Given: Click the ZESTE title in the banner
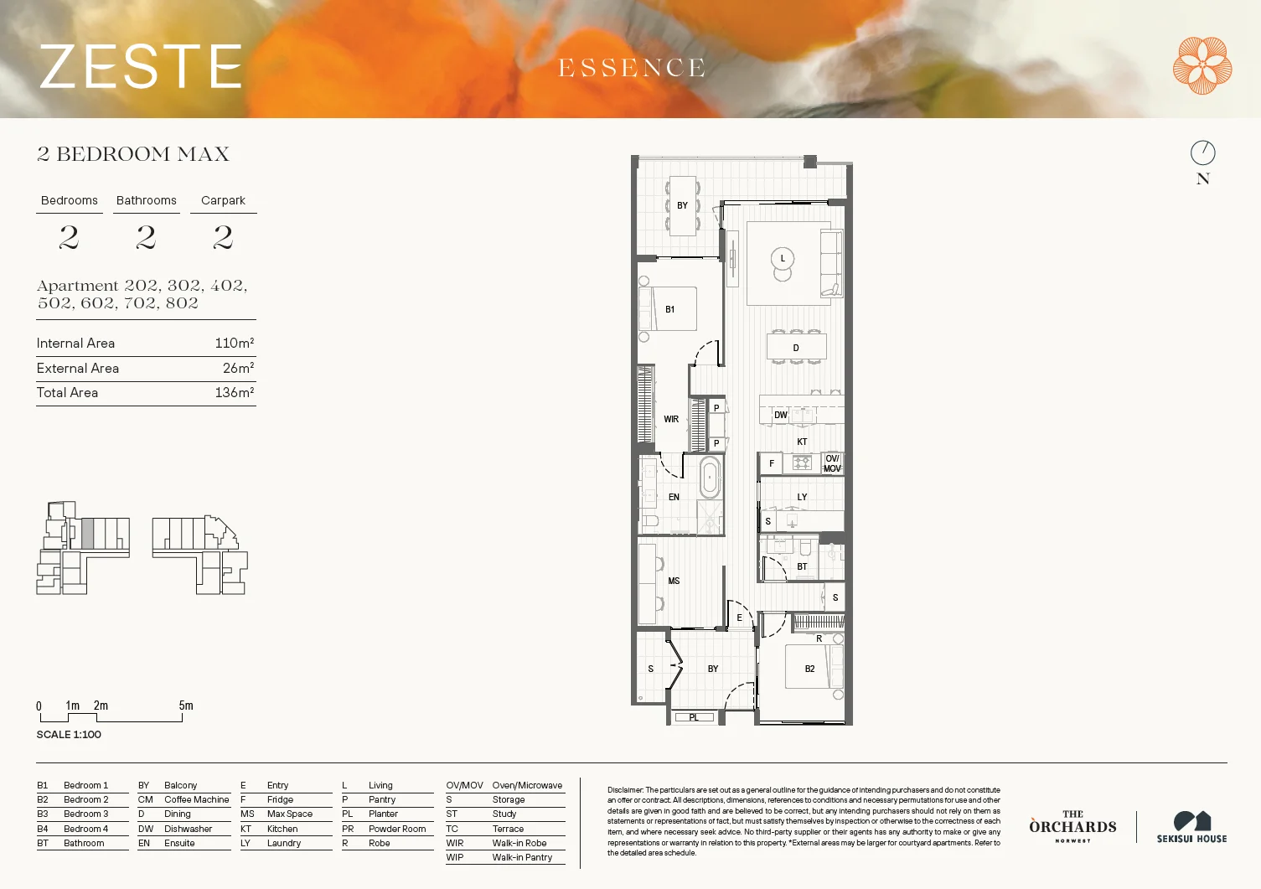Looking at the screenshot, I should coord(141,67).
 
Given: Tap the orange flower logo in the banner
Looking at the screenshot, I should coord(1202,65).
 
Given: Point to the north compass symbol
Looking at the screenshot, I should coord(1202,152).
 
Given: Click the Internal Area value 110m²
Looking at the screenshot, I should coord(234,343).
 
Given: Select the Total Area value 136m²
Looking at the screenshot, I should coord(234,392).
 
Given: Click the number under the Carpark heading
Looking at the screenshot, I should coord(223,238).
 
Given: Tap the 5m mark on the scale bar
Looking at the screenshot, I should coord(185,706).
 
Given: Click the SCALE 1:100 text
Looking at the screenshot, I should coord(69,735).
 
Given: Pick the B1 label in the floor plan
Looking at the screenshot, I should coord(669,309).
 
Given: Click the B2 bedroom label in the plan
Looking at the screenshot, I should coord(809,669).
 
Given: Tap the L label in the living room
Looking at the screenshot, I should coord(783,258).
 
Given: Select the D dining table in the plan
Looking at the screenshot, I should coord(796,347).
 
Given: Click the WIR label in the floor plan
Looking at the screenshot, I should coord(671,419).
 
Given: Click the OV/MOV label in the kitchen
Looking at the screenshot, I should coord(832,463).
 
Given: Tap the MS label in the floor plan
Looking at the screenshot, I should coord(674,581).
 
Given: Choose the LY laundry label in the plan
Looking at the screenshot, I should coord(802,497).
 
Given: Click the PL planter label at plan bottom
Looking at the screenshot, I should coord(694,717).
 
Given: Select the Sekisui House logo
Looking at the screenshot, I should coord(1191,826).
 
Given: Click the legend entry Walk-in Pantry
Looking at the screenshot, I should coord(522,857).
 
